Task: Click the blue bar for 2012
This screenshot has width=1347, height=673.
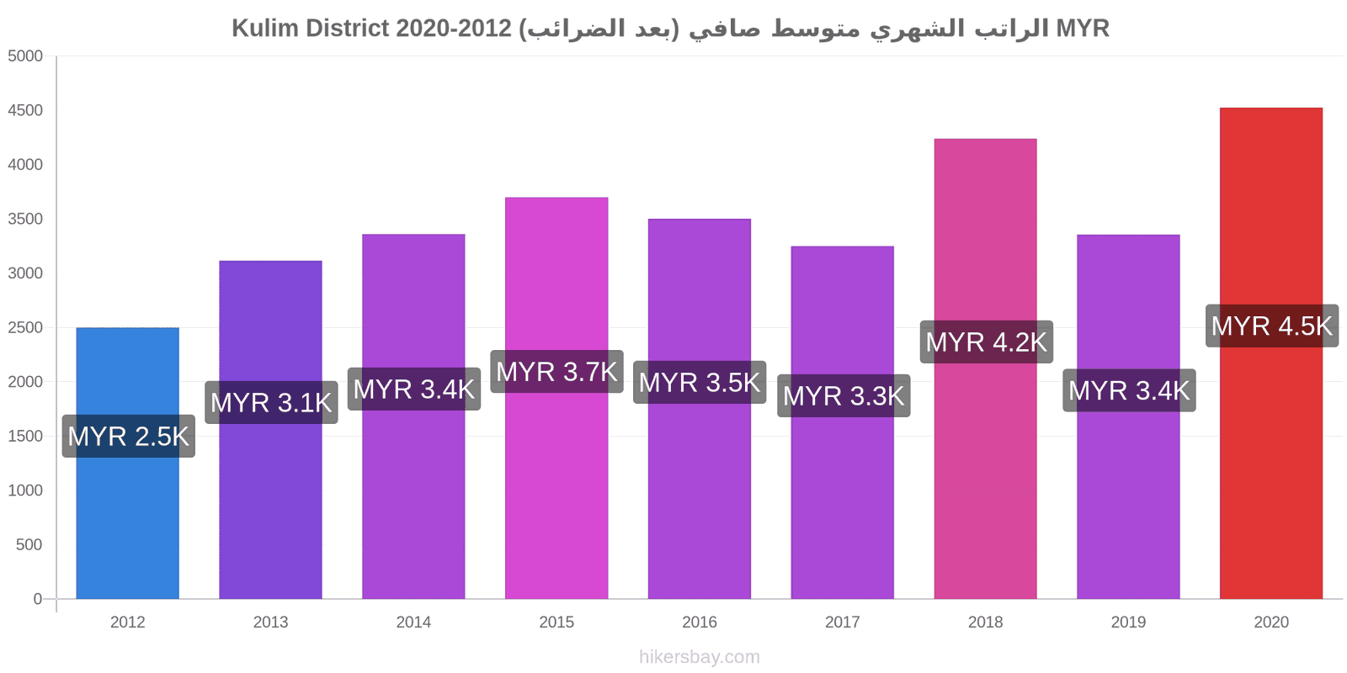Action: [x=127, y=464]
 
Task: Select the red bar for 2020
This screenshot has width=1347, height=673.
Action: [x=1271, y=353]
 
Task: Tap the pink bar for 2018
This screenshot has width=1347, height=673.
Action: [x=986, y=369]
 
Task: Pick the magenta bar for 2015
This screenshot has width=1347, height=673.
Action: [x=556, y=398]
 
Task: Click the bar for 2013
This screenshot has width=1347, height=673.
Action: [x=270, y=430]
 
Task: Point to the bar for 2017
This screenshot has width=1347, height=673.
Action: [x=843, y=422]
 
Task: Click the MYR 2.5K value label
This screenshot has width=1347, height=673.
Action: [x=129, y=437]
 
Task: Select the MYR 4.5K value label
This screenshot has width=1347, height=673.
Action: [x=1272, y=326]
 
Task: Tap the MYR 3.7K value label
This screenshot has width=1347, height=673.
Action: [x=556, y=371]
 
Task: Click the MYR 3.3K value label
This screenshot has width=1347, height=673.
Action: [x=844, y=396]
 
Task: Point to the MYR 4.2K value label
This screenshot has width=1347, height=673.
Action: [x=986, y=342]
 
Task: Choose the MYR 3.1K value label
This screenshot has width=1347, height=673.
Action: [x=271, y=403]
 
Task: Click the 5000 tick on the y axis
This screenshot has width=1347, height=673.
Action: [x=25, y=56]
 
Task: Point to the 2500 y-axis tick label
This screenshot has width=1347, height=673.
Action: [x=25, y=327]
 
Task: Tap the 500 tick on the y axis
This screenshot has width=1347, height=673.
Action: [x=29, y=545]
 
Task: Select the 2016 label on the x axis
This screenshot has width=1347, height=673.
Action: [x=700, y=622]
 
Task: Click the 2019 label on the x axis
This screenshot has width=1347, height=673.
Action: [x=1128, y=622]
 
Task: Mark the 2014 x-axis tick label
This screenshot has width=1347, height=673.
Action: [x=413, y=622]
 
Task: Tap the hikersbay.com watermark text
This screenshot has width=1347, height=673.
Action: [x=700, y=657]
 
